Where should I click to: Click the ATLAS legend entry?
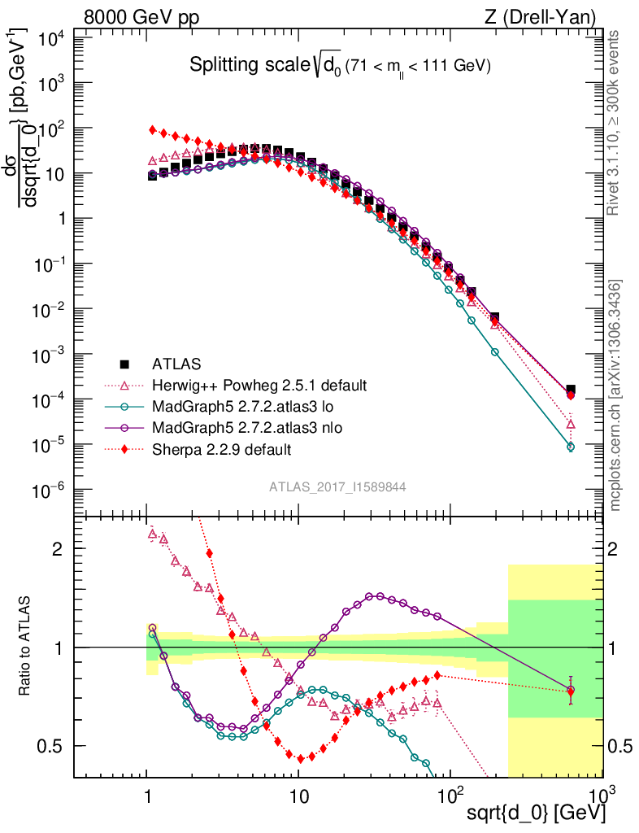[176, 363]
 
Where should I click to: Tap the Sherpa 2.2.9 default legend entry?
[222, 449]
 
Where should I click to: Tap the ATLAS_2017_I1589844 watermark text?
[337, 486]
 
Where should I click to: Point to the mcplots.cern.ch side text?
[615, 395]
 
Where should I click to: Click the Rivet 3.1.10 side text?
[615, 123]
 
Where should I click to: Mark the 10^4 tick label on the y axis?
[51, 38]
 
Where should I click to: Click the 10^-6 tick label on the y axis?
[51, 490]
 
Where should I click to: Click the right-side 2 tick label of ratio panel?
[619, 548]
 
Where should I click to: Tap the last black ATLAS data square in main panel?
[571, 390]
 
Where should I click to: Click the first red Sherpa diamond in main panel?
[152, 130]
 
